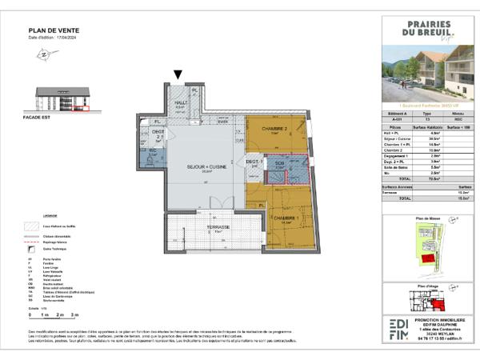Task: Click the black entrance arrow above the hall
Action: tap(178, 76)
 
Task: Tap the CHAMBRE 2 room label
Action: tap(274, 130)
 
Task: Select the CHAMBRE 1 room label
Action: tap(286, 218)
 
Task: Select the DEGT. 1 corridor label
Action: tap(254, 162)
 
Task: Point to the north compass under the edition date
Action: tap(42, 54)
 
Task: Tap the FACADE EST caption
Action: tap(49, 116)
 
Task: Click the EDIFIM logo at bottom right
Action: tap(398, 328)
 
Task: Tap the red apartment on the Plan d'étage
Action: tap(438, 302)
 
